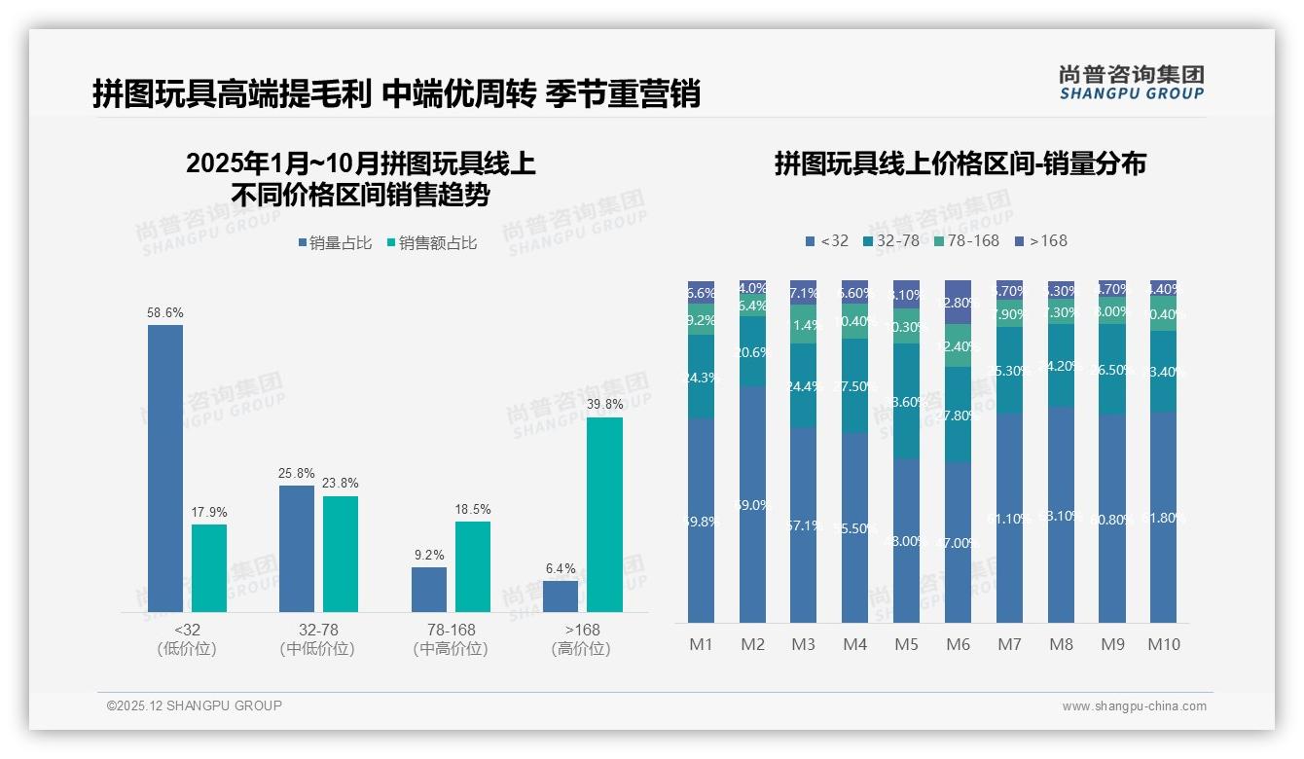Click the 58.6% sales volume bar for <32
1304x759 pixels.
coord(165,468)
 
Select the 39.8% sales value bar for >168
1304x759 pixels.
coord(604,515)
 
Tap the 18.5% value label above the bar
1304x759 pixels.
coord(473,509)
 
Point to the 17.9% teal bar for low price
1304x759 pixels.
coord(209,568)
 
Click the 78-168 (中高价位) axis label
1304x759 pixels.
coord(451,639)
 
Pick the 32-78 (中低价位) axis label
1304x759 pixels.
coord(317,639)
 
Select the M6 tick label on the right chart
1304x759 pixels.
coord(958,644)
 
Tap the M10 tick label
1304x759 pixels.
coord(1163,644)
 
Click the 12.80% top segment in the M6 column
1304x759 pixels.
coord(958,303)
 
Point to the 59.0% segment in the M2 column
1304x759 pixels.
coord(752,505)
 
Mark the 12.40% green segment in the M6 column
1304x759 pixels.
coord(958,345)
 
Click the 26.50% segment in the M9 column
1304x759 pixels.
coord(1112,369)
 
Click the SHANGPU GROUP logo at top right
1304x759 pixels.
coord(1131,83)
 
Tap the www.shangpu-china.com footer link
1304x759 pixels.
coord(1134,706)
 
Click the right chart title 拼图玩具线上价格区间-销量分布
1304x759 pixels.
coord(960,163)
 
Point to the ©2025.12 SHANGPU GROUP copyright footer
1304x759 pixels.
coord(195,705)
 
